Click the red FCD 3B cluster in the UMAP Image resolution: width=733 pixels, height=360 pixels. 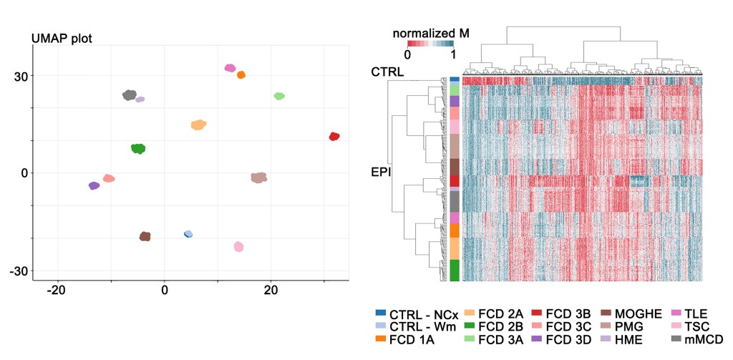334,136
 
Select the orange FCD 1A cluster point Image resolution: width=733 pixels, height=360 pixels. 241,74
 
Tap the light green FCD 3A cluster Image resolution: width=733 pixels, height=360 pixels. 279,96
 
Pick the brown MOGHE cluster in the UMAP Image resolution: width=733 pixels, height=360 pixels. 145,236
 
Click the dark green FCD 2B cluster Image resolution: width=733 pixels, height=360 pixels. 138,148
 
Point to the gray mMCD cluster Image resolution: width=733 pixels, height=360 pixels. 130,95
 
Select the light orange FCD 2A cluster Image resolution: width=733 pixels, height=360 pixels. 198,125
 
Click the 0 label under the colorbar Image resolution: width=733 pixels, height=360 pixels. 407,54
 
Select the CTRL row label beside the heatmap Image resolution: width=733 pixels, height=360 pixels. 387,72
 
